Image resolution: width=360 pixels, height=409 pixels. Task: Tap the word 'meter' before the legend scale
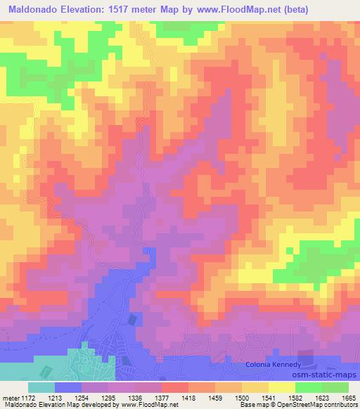coord(11,398)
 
